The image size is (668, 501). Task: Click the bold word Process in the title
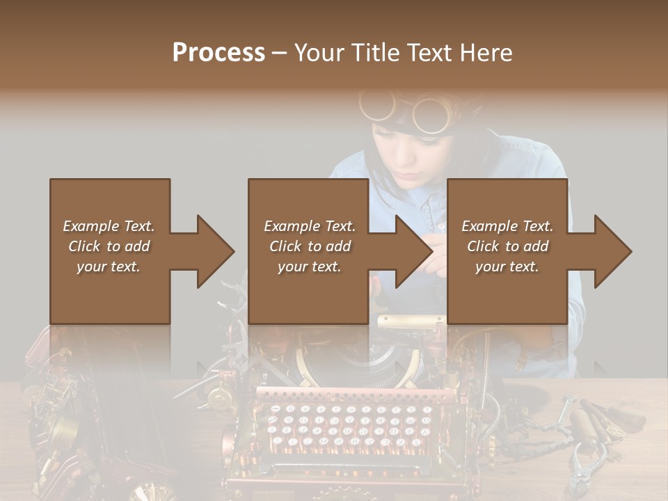tap(218, 52)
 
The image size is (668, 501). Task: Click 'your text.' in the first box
tap(109, 267)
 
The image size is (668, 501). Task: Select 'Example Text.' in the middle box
tap(310, 226)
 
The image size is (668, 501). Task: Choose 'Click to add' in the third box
tap(508, 246)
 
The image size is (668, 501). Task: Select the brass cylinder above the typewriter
tap(411, 321)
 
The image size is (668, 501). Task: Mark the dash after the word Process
tap(279, 54)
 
